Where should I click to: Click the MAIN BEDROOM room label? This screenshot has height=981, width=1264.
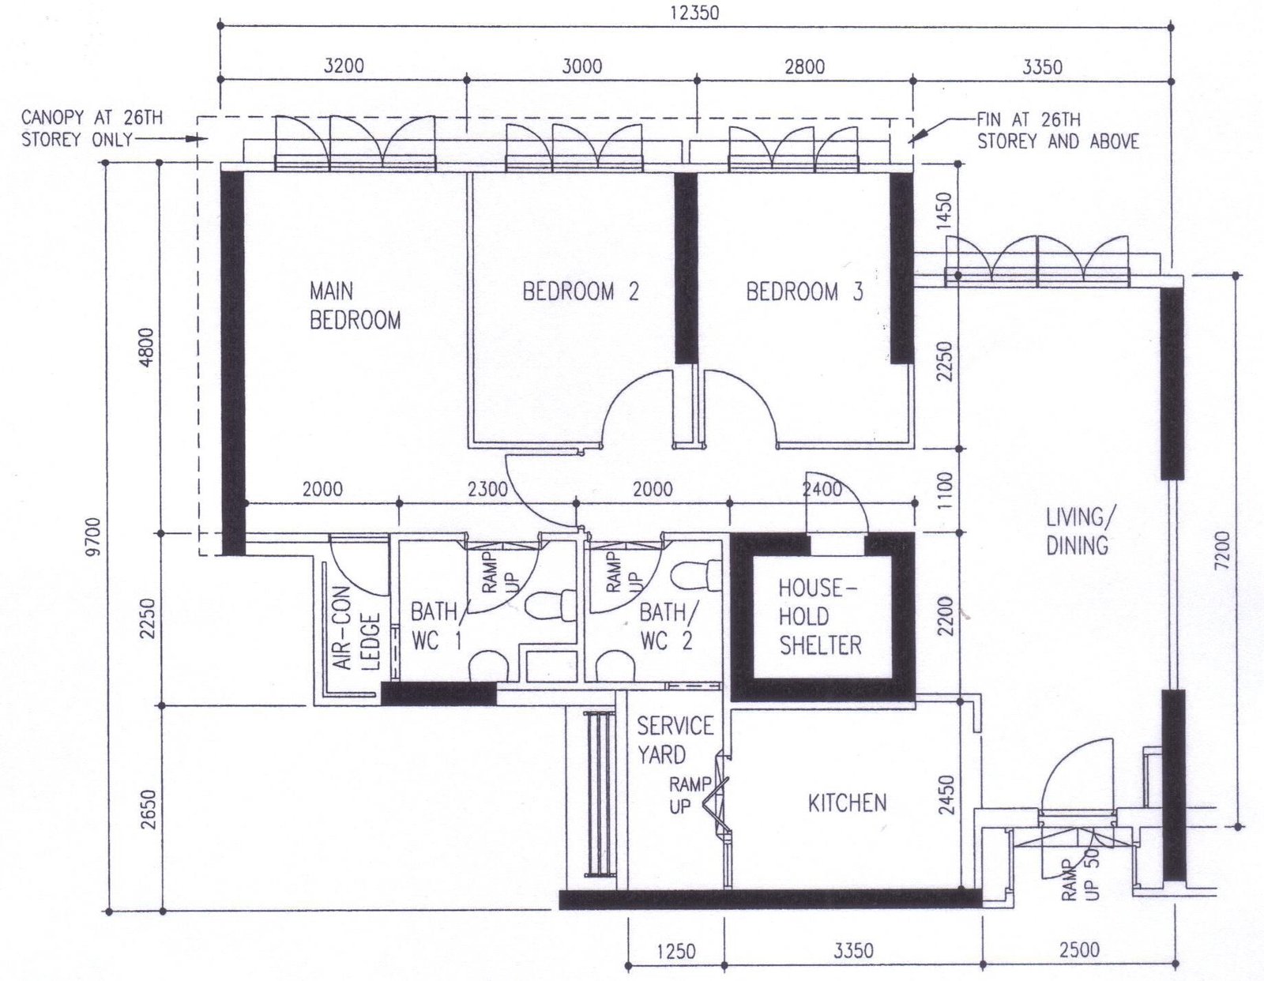coord(355,306)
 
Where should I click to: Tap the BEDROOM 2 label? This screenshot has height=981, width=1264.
coord(581,291)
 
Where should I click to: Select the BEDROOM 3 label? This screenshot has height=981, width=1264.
coord(804,291)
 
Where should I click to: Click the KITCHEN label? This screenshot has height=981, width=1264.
coord(848,803)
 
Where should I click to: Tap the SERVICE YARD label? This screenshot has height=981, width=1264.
coord(675,740)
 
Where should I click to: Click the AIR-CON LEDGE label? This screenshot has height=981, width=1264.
coord(357,627)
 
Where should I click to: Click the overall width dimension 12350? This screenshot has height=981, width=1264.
coord(694,12)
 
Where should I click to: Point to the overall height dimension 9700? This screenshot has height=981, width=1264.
coord(94,536)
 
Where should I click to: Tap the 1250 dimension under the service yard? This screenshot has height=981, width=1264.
coord(676,951)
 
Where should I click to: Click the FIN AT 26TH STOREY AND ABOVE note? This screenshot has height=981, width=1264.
coord(1058,130)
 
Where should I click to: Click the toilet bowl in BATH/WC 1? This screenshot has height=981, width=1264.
coord(551,605)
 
